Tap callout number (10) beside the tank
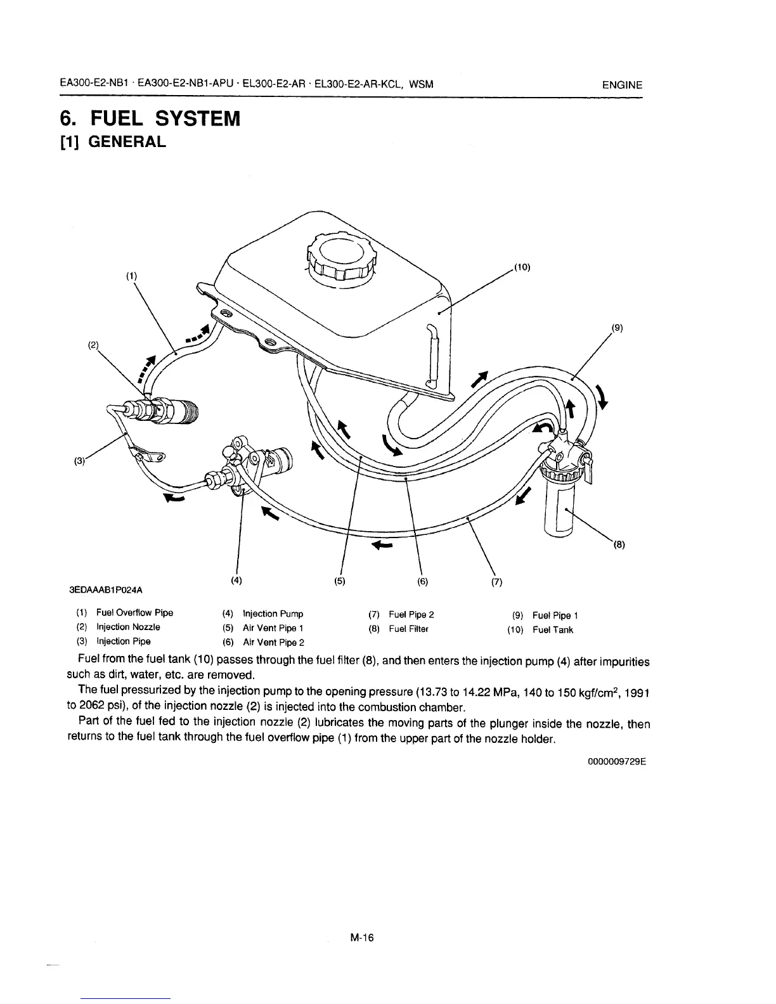click(521, 267)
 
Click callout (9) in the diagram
click(618, 328)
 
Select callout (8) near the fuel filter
click(619, 543)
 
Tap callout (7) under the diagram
click(496, 581)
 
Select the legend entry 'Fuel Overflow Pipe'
click(134, 613)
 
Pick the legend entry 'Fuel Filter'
click(408, 629)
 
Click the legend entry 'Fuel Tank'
click(552, 629)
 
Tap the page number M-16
click(362, 937)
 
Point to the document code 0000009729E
click(616, 763)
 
